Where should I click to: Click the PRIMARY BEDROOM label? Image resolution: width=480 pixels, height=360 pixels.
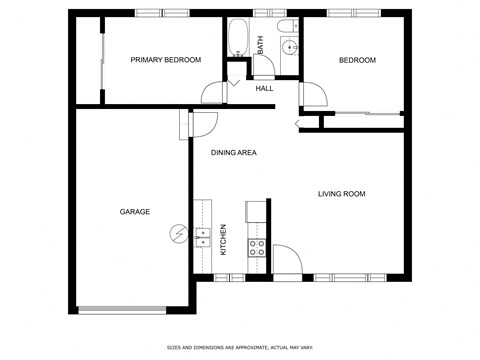tap(166, 60)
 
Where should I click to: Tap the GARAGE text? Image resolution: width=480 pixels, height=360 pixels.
tap(135, 212)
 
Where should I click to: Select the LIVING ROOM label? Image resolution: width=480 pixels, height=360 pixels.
tap(342, 194)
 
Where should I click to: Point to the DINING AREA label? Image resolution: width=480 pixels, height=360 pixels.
tap(234, 153)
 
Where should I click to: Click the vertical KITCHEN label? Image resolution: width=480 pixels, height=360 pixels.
tap(224, 238)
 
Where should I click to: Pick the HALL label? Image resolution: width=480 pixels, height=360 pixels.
tap(264, 89)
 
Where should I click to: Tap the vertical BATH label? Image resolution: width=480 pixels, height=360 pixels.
tap(260, 45)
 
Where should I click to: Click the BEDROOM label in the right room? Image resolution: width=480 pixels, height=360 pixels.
tap(357, 60)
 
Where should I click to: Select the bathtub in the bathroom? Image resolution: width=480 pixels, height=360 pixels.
tap(238, 38)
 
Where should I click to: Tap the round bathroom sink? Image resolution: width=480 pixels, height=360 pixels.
tap(291, 47)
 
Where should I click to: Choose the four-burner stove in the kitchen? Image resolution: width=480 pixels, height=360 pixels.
tap(257, 247)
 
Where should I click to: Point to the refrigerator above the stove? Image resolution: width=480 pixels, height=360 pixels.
tap(254, 211)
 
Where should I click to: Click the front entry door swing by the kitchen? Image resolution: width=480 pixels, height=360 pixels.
tap(286, 259)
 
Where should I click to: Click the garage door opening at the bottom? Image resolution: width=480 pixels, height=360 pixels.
tap(123, 309)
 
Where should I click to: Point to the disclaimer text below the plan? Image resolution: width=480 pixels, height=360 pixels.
tap(239, 347)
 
